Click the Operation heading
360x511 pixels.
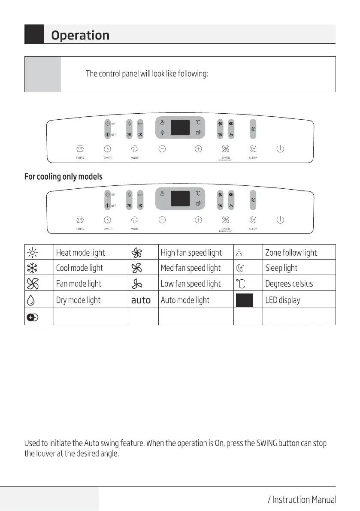point(80,35)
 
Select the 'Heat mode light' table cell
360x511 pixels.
point(80,253)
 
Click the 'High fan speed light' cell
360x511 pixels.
point(191,253)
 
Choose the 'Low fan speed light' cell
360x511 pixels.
point(191,284)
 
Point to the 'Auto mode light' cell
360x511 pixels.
point(185,300)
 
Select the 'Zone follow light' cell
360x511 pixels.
point(291,253)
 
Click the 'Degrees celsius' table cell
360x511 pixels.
point(289,284)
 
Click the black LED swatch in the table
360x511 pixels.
point(244,300)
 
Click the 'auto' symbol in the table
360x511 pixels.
point(141,300)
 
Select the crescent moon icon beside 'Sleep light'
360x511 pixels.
point(244,268)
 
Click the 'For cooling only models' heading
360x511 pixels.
point(64,177)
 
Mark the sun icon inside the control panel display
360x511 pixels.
point(162,133)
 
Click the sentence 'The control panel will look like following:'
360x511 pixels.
point(147,74)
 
